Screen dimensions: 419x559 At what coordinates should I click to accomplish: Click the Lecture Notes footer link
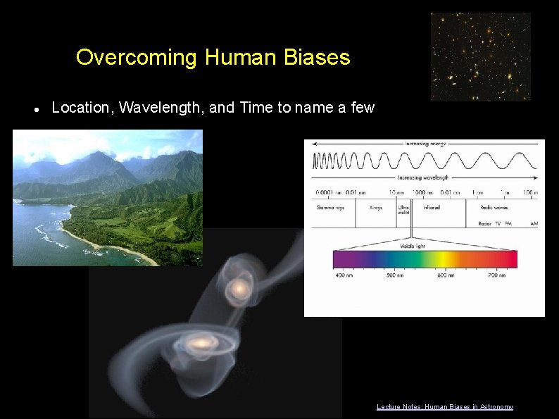[444, 407]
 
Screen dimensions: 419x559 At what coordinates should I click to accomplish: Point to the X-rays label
[376, 208]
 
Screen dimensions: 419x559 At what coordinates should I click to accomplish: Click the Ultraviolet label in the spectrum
[403, 211]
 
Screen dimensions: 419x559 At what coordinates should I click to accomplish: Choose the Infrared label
[432, 208]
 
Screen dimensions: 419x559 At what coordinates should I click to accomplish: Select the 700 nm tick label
[497, 275]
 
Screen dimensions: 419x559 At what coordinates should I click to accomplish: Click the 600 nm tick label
[446, 275]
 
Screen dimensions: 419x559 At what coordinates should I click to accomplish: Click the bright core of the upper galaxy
[240, 288]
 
